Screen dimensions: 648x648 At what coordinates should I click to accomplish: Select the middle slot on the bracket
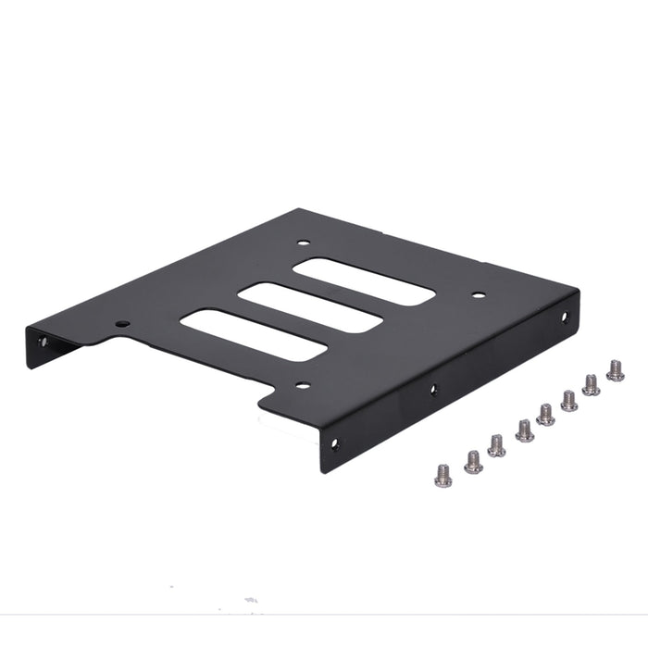pyautogui.click(x=310, y=307)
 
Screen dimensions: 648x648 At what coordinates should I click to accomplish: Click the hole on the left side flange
pyautogui.click(x=42, y=343)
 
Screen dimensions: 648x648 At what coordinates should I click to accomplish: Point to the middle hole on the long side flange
pyautogui.click(x=433, y=390)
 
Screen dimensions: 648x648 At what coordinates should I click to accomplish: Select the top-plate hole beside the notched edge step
pyautogui.click(x=121, y=324)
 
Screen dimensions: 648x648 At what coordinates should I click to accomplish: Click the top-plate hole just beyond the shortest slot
pyautogui.click(x=303, y=243)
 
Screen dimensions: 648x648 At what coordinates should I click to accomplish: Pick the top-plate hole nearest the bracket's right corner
pyautogui.click(x=478, y=295)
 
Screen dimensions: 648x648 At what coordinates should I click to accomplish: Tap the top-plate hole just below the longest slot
pyautogui.click(x=301, y=386)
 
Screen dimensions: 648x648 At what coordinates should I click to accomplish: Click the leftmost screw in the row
pyautogui.click(x=442, y=475)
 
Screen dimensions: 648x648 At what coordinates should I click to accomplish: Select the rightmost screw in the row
pyautogui.click(x=615, y=371)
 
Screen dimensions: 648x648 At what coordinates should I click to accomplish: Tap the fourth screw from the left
pyautogui.click(x=524, y=430)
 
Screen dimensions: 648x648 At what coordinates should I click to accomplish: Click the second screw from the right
pyautogui.click(x=591, y=384)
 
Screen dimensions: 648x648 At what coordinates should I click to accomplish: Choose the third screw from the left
pyautogui.click(x=497, y=446)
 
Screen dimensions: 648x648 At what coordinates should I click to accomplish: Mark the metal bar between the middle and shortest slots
pyautogui.click(x=337, y=294)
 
